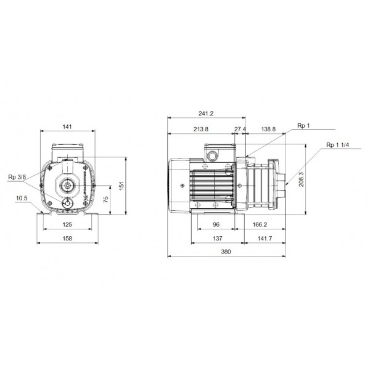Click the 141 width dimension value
coord(68,126)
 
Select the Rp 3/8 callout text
coord(17,178)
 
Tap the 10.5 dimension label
coord(22,198)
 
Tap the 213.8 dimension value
coord(201,129)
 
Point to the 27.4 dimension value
coord(240,129)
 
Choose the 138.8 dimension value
coord(268,129)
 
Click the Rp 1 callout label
coord(303,126)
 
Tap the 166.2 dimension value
coord(260,226)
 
